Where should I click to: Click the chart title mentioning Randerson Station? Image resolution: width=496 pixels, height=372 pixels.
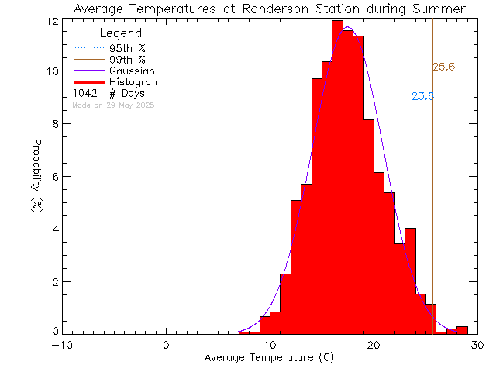click(269, 9)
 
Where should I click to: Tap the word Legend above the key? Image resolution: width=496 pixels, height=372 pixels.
click(121, 33)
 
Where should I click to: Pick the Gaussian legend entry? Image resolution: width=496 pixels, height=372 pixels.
click(132, 71)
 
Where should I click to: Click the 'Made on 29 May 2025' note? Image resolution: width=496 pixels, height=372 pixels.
click(113, 105)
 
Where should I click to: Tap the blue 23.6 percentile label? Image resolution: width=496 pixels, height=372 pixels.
click(422, 97)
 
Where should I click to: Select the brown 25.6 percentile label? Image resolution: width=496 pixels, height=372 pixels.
click(443, 67)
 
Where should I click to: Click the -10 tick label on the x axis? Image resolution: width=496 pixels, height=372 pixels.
click(64, 345)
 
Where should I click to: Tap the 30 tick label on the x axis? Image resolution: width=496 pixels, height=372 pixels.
click(478, 345)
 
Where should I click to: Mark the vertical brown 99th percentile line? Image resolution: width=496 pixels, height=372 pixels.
click(432, 194)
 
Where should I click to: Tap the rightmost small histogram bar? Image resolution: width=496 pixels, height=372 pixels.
click(462, 330)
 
